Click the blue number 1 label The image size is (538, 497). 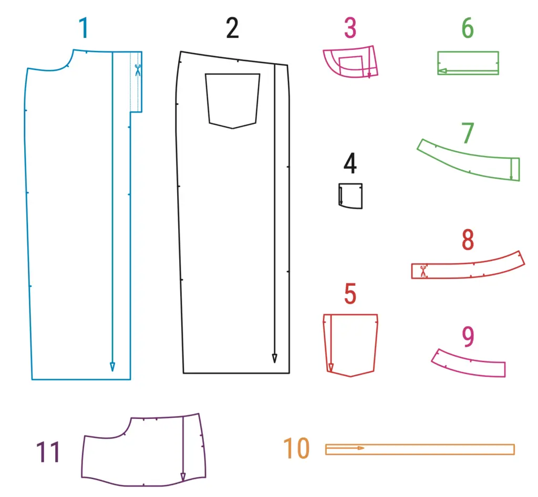coord(84,28)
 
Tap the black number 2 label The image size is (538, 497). coord(232,28)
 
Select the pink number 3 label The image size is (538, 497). coord(350,28)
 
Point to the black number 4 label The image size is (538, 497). coord(350,163)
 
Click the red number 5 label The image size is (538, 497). coord(350,294)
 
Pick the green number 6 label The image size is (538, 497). coord(468,28)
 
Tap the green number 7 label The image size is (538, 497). coord(468,133)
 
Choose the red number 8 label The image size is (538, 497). coord(468,240)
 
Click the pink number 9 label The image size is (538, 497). coord(468,336)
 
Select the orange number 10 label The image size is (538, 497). coord(296,448)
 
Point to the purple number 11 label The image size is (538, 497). coord(48,452)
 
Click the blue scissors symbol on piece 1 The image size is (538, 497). coord(138,70)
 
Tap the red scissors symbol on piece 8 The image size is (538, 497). coord(423,271)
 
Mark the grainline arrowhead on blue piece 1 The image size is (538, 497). coord(112,367)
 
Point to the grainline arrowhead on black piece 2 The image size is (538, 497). coord(274,358)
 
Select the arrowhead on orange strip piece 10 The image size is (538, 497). coord(360,448)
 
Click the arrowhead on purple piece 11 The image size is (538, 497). coord(183,477)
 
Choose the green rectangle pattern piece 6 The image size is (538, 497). coord(468,51)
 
